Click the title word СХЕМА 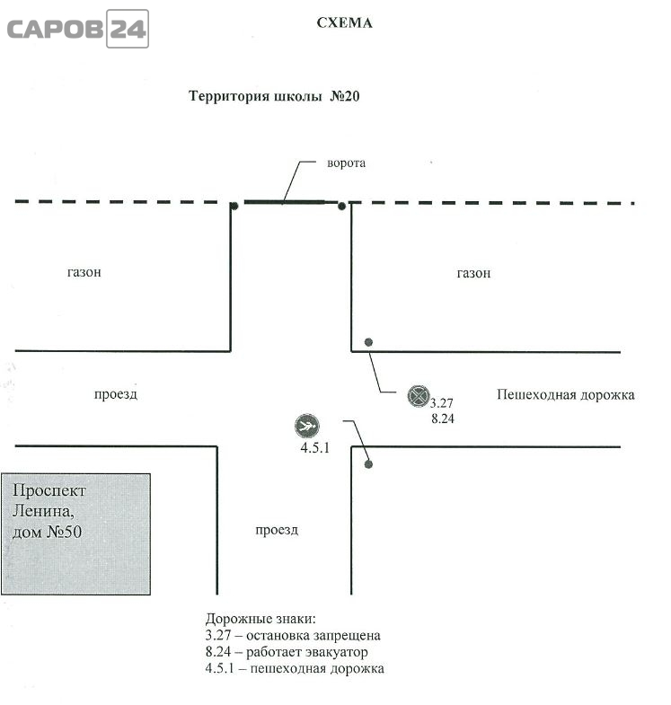(x=345, y=23)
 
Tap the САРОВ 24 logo (x=78, y=29)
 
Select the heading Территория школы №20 (x=274, y=96)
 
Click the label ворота (x=347, y=163)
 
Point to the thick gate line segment (x=284, y=202)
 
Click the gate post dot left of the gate (x=234, y=207)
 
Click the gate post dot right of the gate (x=342, y=207)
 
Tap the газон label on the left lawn (x=84, y=272)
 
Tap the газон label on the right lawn (x=473, y=273)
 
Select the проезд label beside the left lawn (x=116, y=394)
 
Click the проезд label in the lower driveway (x=277, y=530)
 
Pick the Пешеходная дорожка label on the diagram (x=566, y=395)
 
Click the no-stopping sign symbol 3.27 (x=419, y=396)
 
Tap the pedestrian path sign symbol (x=307, y=426)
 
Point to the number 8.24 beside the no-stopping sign (x=443, y=419)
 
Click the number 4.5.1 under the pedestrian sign (x=314, y=448)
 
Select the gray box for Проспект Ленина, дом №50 (x=76, y=533)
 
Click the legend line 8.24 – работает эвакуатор (x=287, y=652)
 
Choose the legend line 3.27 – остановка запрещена (x=293, y=635)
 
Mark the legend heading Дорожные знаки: (x=260, y=619)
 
